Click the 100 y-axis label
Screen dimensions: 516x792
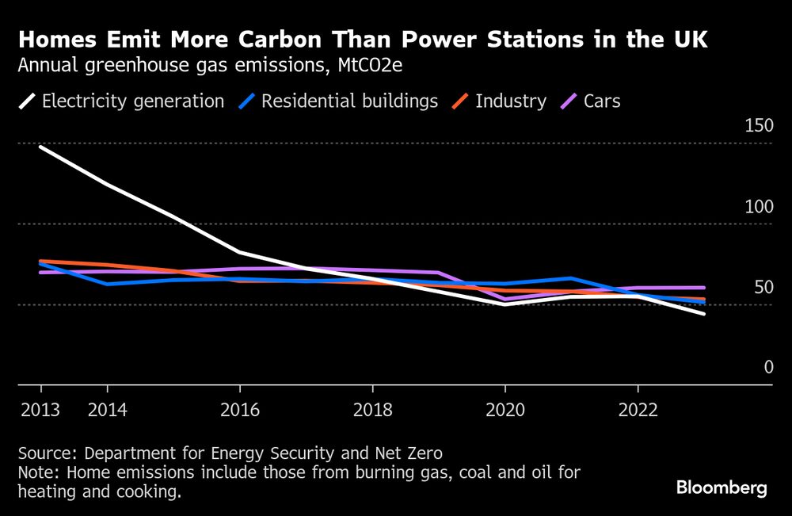(758, 207)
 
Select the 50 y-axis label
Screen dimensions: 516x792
(762, 287)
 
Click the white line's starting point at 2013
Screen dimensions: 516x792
(40, 147)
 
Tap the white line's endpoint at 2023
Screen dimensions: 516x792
(704, 314)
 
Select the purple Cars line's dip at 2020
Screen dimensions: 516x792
(505, 300)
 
